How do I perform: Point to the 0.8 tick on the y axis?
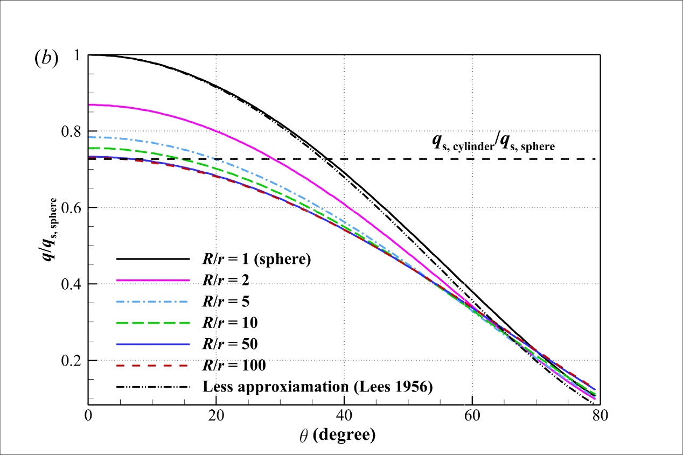coord(73,132)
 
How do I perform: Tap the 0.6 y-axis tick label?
coord(73,208)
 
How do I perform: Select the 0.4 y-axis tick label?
coord(73,284)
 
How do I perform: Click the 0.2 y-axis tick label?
coord(73,361)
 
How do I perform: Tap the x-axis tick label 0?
coord(88,416)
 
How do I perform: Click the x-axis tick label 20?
coord(216,416)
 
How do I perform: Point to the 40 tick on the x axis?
coord(344,416)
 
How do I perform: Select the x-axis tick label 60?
coord(472,416)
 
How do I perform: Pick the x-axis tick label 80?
coord(600,416)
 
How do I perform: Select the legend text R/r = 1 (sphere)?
coord(257,259)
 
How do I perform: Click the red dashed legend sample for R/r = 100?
coord(153,366)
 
